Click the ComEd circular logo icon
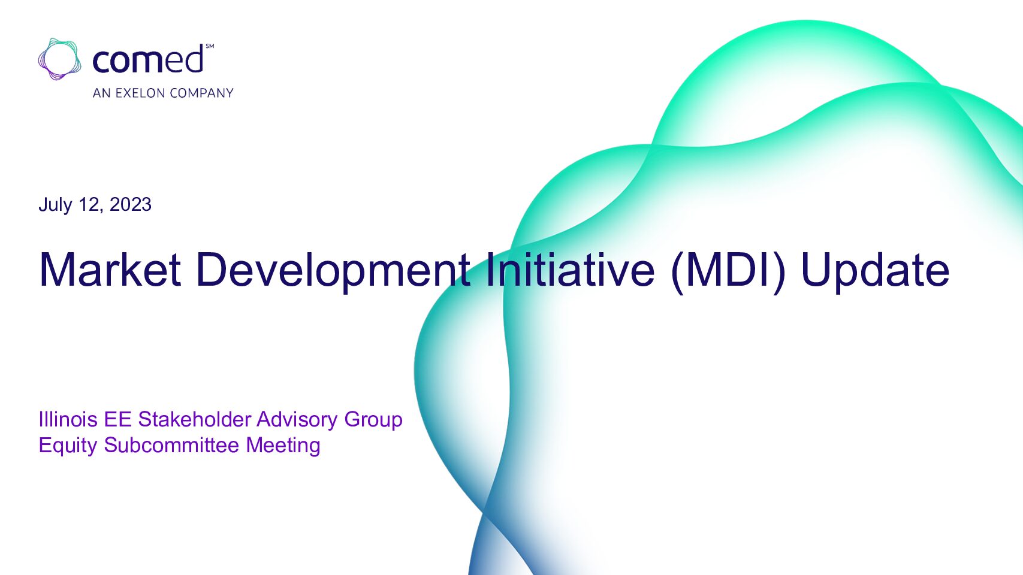tap(59, 59)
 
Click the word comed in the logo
tap(148, 59)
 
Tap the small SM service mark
tap(210, 46)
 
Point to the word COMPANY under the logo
tap(201, 93)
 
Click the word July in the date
tap(55, 205)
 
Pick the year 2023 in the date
tap(131, 204)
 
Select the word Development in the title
tap(333, 271)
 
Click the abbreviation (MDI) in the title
tap(728, 271)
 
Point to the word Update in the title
tap(875, 272)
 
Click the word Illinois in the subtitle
tap(68, 419)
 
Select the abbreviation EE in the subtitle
tap(118, 419)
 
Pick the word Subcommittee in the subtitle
tap(172, 446)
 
